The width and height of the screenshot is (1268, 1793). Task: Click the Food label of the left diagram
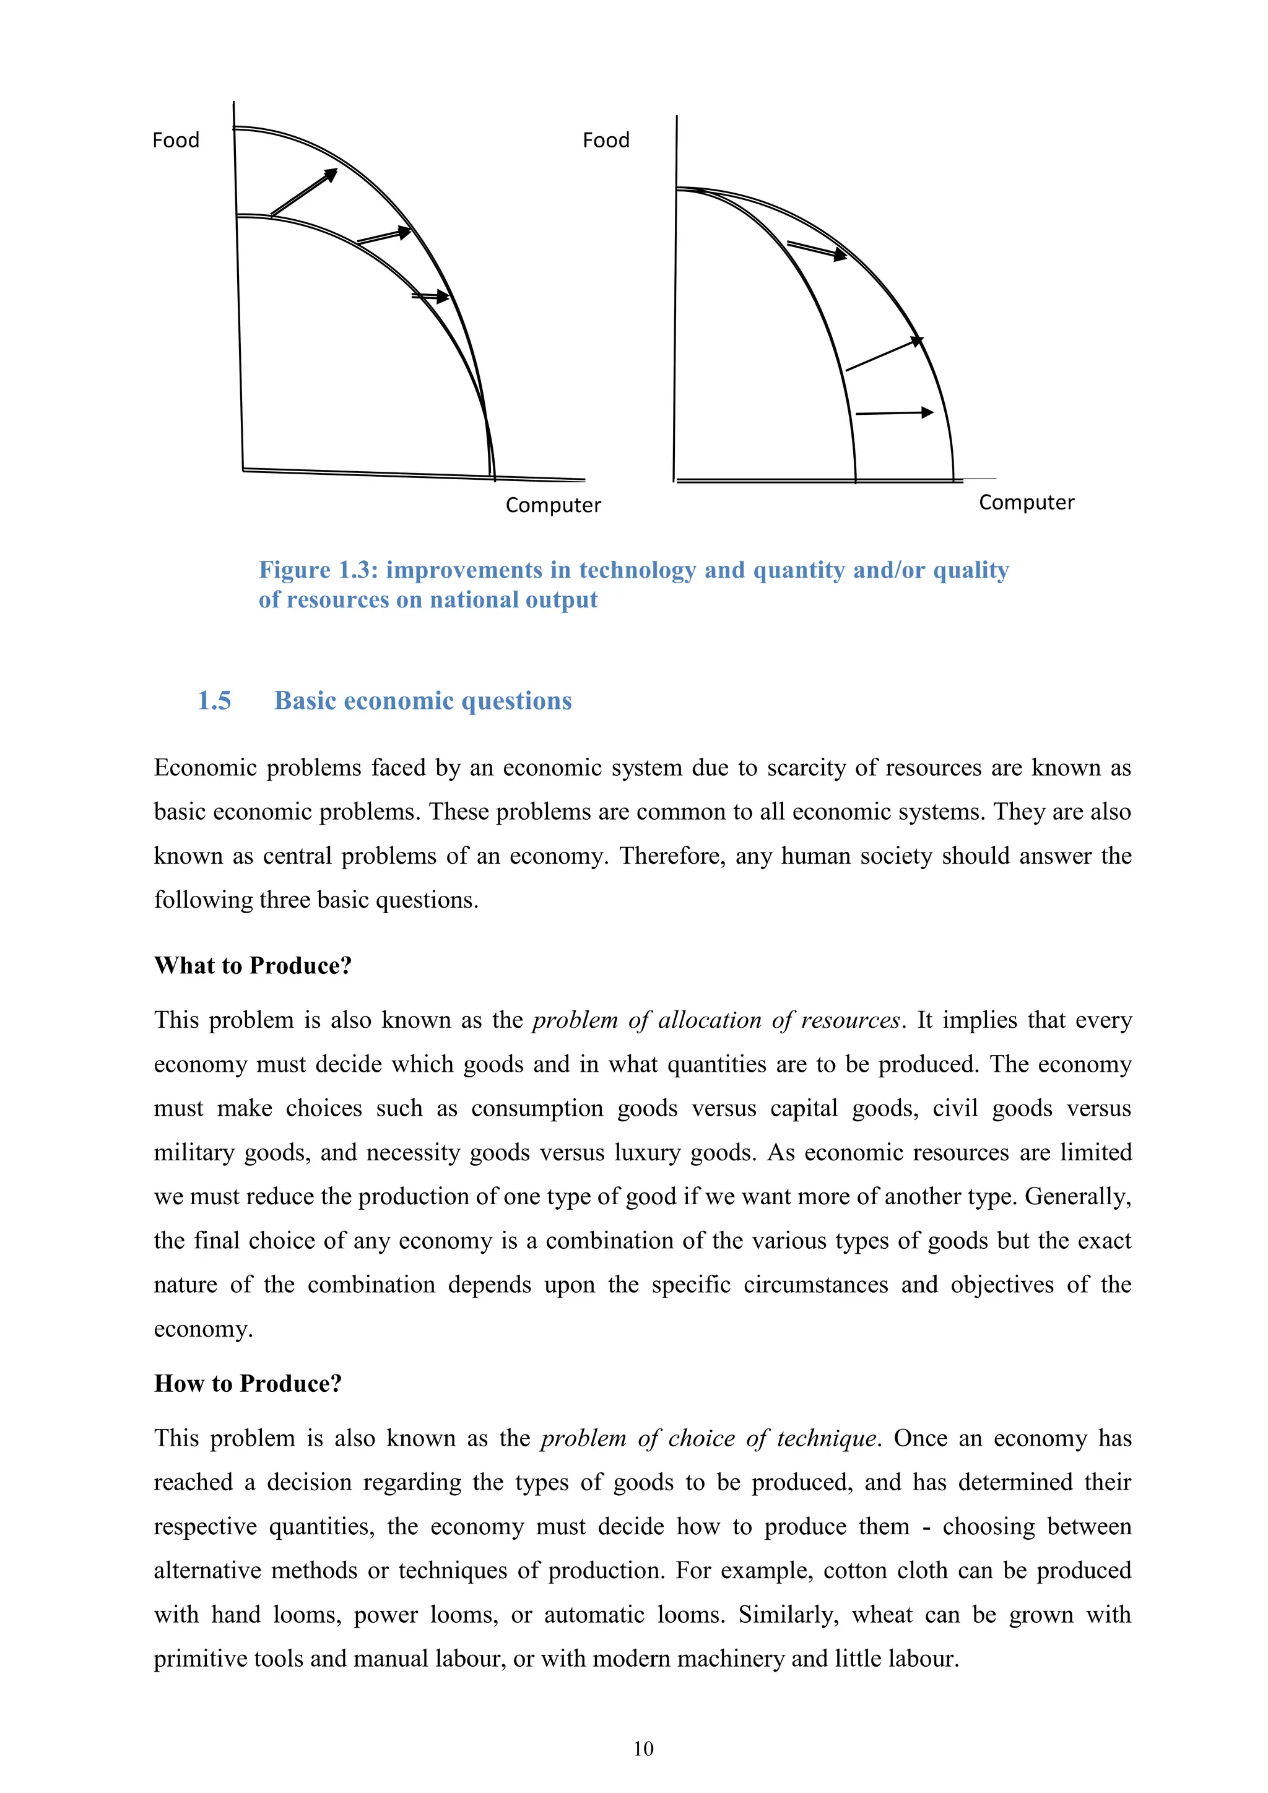pyautogui.click(x=176, y=141)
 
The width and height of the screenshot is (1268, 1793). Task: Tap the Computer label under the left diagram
pyautogui.click(x=553, y=505)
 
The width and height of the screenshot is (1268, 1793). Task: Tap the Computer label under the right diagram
pyautogui.click(x=1026, y=502)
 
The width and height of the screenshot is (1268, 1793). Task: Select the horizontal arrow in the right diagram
pyautogui.click(x=894, y=412)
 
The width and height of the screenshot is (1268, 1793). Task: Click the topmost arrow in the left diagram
pyautogui.click(x=305, y=191)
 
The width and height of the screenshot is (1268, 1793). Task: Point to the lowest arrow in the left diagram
pyautogui.click(x=431, y=296)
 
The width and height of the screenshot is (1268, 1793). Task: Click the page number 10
pyautogui.click(x=643, y=1748)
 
